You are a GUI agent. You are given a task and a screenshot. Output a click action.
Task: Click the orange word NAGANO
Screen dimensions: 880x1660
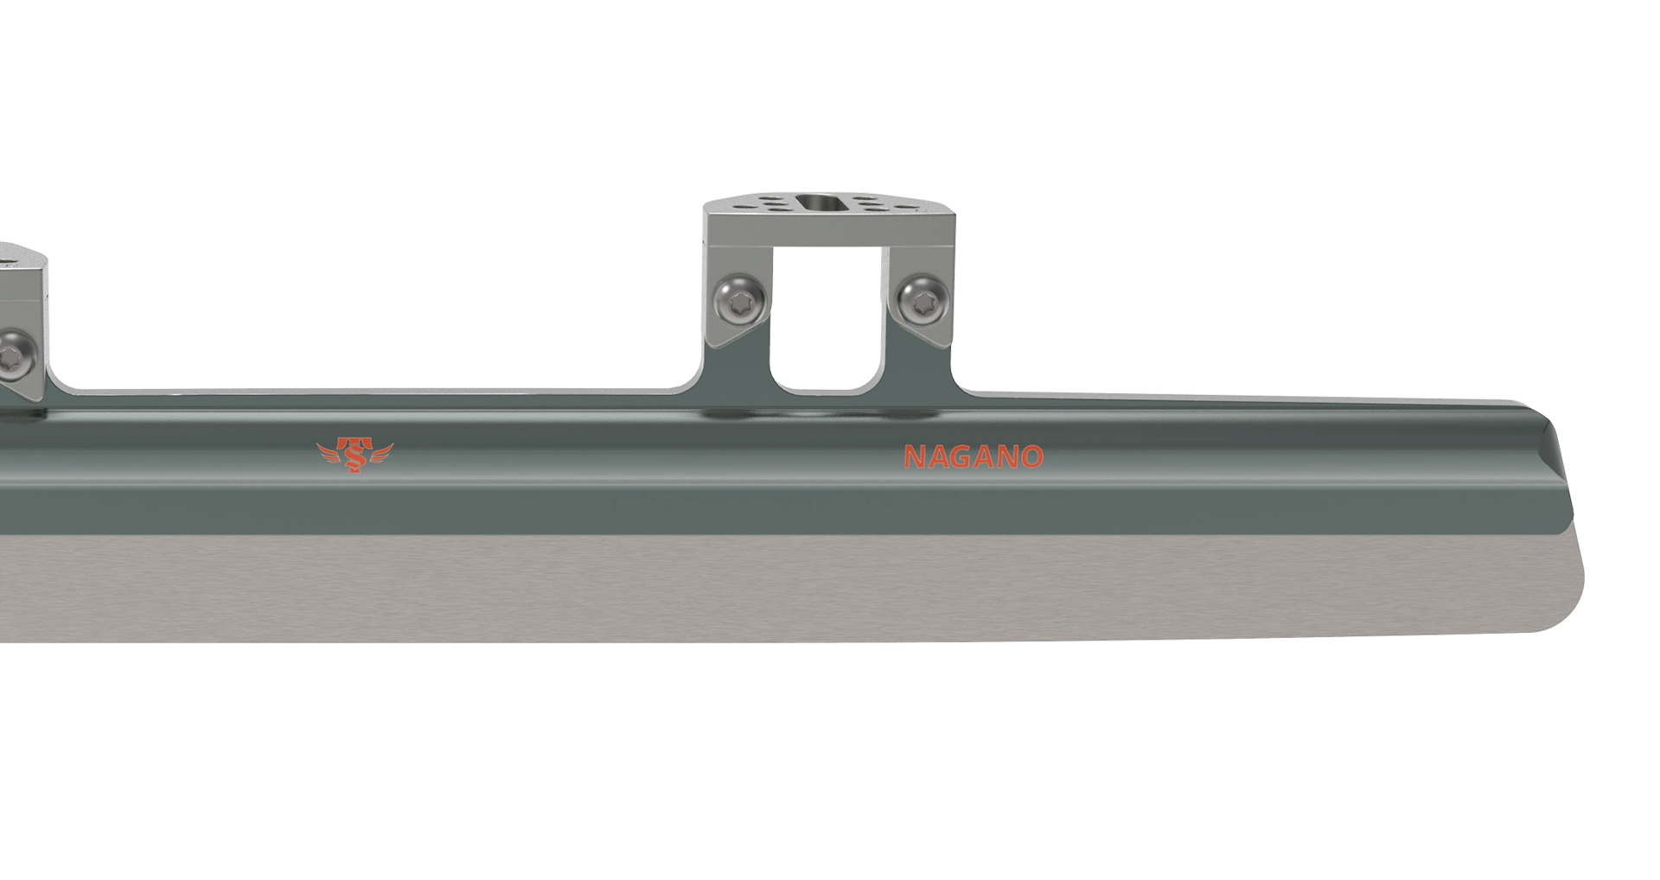pos(974,456)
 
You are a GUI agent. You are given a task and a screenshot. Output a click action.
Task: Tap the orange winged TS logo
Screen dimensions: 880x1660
pos(354,455)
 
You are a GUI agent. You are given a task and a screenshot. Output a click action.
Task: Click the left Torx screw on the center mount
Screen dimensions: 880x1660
pos(741,299)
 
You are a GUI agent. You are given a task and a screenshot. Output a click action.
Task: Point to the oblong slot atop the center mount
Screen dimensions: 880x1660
pos(821,203)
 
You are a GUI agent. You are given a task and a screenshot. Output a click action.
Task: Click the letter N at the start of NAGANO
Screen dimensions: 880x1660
pos(913,456)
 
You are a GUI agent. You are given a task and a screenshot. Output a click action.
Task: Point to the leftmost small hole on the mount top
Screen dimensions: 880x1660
pos(745,207)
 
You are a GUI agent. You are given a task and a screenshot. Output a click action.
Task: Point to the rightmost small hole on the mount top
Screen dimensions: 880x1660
pos(906,207)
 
